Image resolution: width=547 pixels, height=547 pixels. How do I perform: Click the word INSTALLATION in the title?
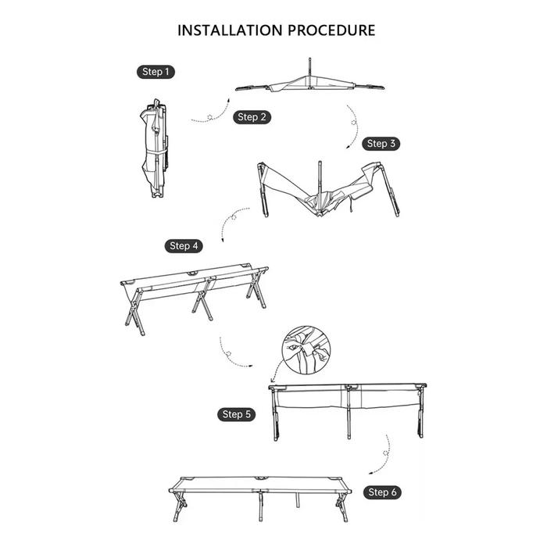point(231,30)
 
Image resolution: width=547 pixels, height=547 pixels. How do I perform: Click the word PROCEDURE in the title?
point(331,30)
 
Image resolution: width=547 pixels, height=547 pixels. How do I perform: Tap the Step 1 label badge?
point(156,72)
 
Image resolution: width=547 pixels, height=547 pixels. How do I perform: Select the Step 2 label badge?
point(252,117)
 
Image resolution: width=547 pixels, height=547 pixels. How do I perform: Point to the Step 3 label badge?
point(381,144)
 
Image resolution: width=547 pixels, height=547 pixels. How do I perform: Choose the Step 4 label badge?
point(184,246)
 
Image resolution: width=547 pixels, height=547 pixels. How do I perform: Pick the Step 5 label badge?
point(237,414)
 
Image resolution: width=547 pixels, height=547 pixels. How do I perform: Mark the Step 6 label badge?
point(382,492)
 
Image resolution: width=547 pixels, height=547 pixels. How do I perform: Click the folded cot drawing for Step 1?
point(155,148)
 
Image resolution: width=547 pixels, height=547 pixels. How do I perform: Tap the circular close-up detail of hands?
point(306,350)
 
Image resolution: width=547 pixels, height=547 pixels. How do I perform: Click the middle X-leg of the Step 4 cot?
point(203,299)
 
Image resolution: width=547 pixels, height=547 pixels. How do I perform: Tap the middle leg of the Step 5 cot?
point(349,412)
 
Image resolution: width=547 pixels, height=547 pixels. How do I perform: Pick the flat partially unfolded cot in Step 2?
point(309,84)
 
